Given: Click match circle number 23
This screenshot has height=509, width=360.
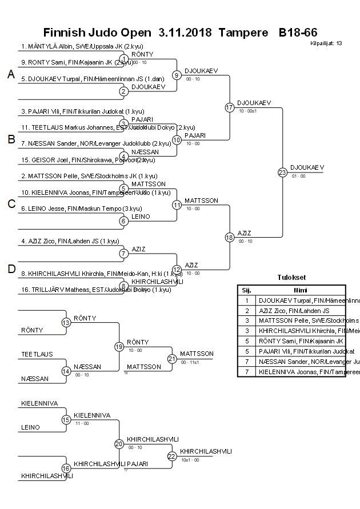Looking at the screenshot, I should (x=282, y=172).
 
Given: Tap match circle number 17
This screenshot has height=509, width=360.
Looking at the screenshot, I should (x=230, y=107).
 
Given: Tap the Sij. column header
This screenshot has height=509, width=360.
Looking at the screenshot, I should (x=246, y=290).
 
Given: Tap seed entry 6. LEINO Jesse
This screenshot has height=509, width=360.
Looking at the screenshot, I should (x=77, y=209).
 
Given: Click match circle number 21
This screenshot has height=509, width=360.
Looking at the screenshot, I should (x=172, y=359).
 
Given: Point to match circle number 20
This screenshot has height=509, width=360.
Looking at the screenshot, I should (x=119, y=444).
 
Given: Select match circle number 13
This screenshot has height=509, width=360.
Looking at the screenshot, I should (x=66, y=323).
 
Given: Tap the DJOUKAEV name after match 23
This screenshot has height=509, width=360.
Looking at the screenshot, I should (x=307, y=167).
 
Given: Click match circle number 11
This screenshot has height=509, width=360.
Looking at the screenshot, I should (x=177, y=205).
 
